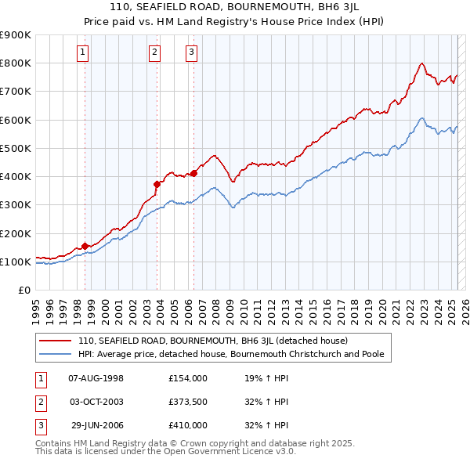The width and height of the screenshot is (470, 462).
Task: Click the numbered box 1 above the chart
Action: click(82, 52)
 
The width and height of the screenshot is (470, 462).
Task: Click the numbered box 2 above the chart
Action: click(155, 52)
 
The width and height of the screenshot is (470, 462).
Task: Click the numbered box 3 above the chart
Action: click(191, 52)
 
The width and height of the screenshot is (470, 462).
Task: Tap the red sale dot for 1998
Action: click(85, 247)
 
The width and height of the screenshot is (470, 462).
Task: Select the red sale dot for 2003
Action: click(157, 184)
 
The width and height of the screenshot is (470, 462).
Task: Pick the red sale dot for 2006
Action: click(193, 174)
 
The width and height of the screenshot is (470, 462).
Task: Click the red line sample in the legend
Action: click(55, 341)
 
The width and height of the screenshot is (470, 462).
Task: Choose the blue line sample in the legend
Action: click(55, 354)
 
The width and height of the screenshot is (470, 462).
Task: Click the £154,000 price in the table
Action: click(187, 377)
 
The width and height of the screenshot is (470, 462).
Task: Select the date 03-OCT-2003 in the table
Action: click(96, 402)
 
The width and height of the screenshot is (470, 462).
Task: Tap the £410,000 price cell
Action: click(187, 425)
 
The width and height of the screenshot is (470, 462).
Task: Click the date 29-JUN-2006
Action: click(96, 425)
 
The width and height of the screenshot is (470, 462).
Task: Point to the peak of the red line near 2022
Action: click(421, 63)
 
